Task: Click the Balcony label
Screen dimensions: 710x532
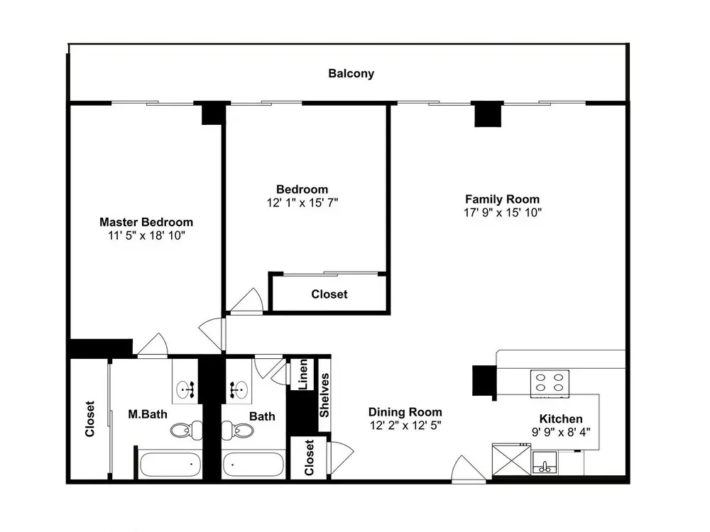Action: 351,74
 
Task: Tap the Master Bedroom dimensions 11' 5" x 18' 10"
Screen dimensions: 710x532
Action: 146,235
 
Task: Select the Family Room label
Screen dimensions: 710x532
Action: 502,199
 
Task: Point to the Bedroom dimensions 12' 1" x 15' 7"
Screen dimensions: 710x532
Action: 302,203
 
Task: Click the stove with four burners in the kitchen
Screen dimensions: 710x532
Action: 550,384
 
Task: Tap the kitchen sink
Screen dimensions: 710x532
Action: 545,462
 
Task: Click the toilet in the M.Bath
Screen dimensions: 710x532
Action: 187,430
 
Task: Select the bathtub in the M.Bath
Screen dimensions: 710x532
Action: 170,465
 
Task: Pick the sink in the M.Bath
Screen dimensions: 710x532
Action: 185,389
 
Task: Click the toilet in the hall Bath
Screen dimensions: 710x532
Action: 237,430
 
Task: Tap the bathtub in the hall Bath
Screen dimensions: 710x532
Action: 253,465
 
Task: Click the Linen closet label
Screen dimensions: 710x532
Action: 304,374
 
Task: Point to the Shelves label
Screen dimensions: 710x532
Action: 324,395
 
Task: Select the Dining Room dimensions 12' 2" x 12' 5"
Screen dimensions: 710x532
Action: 405,425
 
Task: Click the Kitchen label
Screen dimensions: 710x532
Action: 561,419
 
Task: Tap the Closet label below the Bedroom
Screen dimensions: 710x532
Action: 329,294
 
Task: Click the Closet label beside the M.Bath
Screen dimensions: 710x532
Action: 89,419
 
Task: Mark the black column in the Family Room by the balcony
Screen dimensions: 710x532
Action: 488,114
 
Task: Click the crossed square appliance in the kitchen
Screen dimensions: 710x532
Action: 511,460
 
